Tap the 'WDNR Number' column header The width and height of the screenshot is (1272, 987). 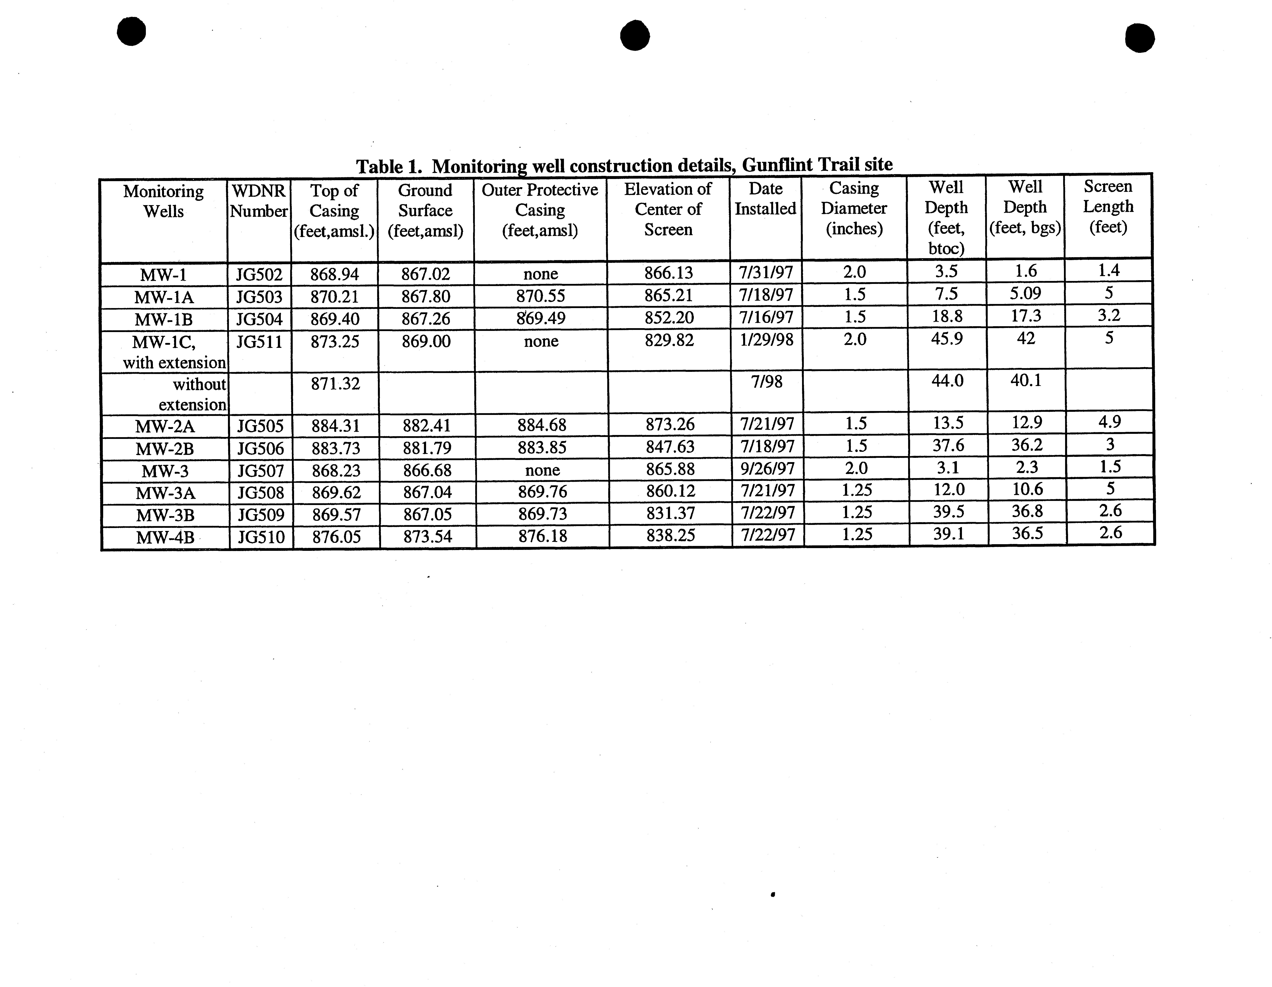coord(259,201)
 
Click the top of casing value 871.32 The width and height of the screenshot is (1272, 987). coord(335,384)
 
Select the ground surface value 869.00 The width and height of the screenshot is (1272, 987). coord(426,341)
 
